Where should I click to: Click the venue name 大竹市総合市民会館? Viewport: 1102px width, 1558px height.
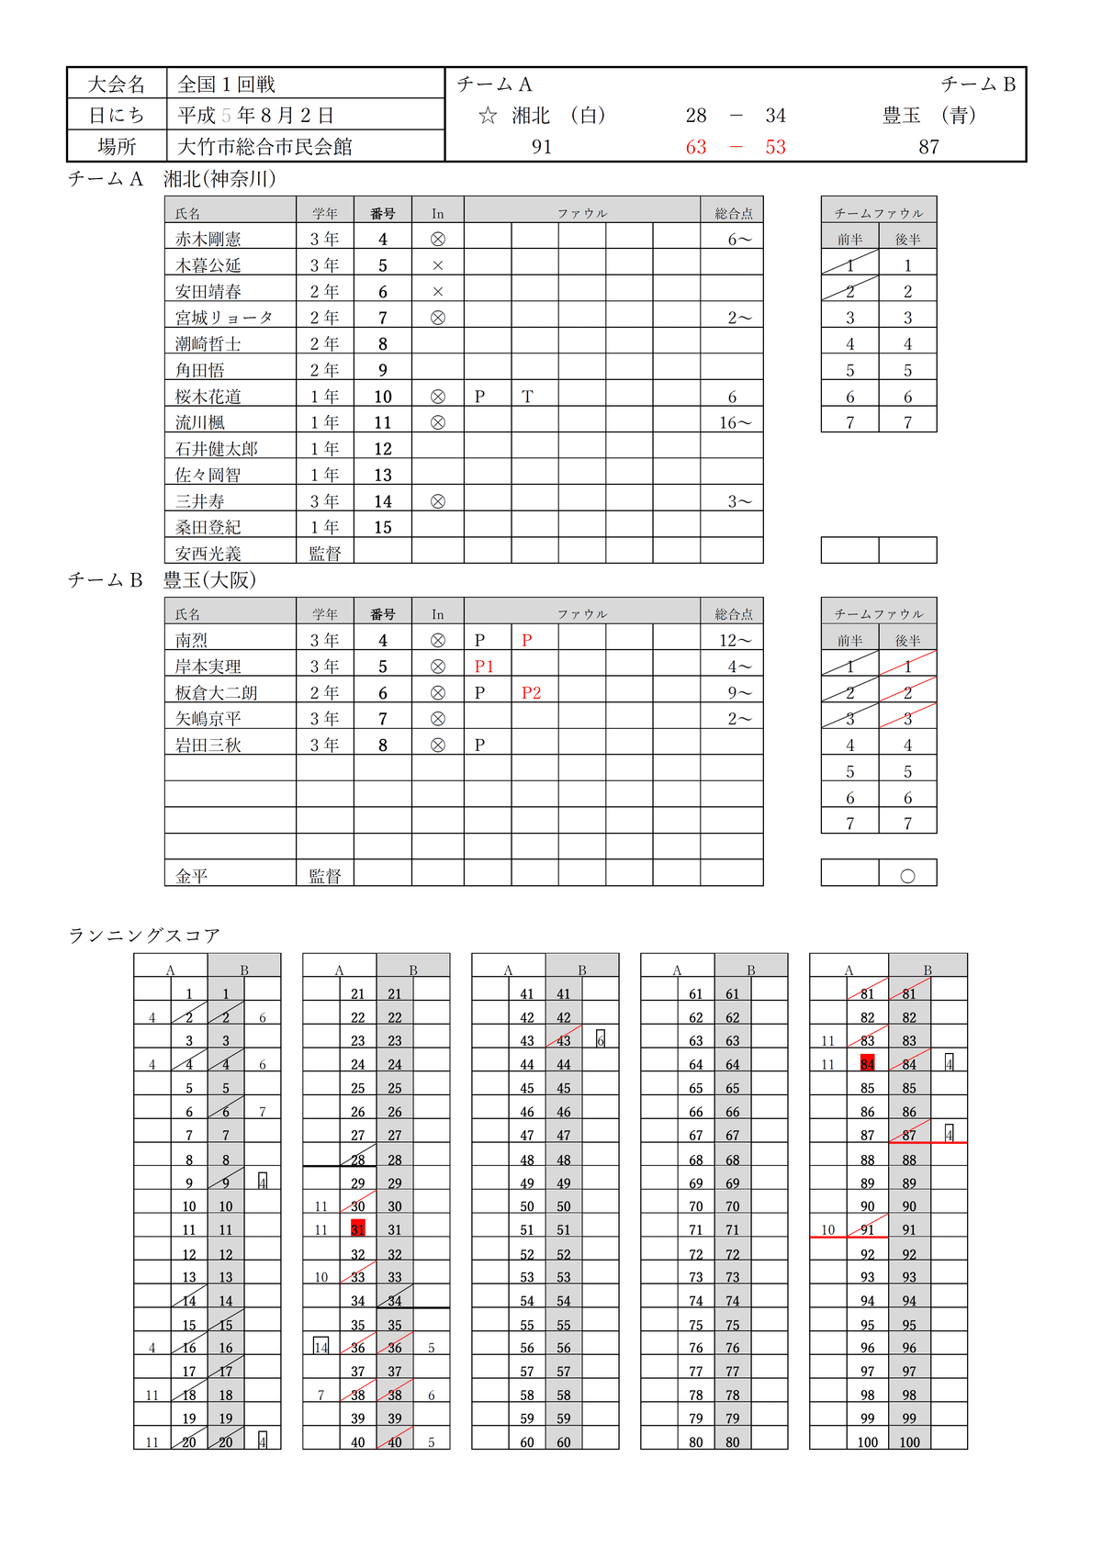264,147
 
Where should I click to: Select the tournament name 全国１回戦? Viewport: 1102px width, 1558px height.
226,84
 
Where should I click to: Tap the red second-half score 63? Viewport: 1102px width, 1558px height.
696,147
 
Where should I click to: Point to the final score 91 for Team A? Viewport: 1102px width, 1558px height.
542,147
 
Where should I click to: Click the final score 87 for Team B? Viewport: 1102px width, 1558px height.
928,147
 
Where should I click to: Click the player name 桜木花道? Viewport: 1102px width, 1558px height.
208,397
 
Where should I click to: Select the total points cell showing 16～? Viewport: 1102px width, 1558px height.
735,423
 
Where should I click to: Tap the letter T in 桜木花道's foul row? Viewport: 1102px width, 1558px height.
527,397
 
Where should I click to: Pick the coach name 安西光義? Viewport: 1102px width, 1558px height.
208,554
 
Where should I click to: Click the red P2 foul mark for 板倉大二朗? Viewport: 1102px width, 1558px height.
532,693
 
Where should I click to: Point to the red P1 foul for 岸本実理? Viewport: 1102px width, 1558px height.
484,667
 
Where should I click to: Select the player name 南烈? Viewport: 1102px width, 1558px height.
192,640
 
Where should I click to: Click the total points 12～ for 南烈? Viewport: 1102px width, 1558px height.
735,640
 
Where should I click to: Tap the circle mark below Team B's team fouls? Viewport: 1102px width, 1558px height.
907,876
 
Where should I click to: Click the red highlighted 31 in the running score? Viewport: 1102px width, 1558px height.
358,1229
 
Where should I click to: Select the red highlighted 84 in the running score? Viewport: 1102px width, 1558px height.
868,1064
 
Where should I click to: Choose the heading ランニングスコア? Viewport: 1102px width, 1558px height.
144,936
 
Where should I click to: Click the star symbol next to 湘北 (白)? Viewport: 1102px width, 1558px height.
489,116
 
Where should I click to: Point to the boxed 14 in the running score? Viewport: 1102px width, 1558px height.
321,1347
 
